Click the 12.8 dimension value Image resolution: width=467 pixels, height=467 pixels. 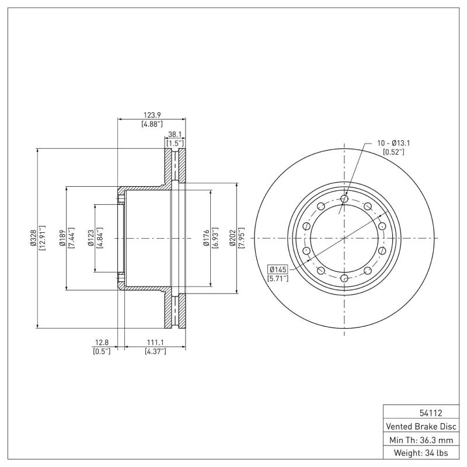pos(102,342)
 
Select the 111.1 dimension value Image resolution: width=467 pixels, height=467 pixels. pos(155,342)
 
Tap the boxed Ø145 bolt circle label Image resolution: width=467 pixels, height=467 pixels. pos(278,269)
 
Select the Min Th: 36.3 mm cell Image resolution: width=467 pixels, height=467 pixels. pos(419,439)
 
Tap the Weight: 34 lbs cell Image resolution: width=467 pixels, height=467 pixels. pos(419,453)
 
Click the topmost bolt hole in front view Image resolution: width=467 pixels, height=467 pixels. pos(344,199)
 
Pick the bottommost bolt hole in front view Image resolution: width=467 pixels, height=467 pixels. pos(344,277)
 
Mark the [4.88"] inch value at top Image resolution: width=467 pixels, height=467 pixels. pos(152,124)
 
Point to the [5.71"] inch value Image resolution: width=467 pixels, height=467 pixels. pos(278,279)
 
